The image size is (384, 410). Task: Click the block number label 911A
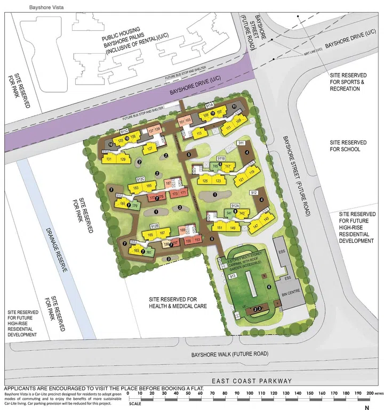[x=209, y=106]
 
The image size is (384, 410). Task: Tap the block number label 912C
[x=141, y=179]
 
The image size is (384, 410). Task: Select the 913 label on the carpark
[x=232, y=276]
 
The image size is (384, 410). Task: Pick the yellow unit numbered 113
[x=199, y=133]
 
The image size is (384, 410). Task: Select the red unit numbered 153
[x=197, y=240]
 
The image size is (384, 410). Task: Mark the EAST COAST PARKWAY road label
[x=252, y=380]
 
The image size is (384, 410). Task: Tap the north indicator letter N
[x=366, y=407]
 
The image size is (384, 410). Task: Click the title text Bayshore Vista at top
[x=22, y=4]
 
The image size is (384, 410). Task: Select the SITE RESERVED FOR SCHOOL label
[x=348, y=146]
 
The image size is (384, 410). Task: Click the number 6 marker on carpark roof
[x=269, y=287]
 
